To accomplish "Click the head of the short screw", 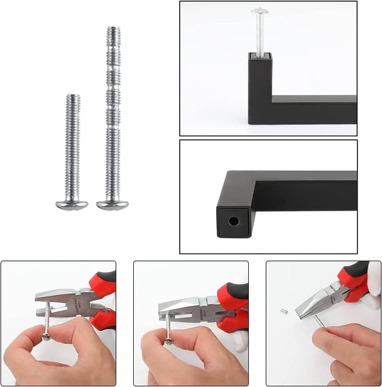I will (x=72, y=205).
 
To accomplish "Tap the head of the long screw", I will (x=112, y=205).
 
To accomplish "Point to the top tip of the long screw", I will (x=114, y=29).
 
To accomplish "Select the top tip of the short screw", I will (x=73, y=96).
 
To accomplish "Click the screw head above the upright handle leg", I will (x=260, y=11).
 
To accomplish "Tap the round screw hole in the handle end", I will (x=233, y=221).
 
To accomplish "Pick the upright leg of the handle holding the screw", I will (x=260, y=90).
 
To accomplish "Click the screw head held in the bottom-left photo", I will (x=46, y=336).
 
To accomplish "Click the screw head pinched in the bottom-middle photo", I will (x=169, y=341).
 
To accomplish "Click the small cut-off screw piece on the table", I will (x=284, y=311).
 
